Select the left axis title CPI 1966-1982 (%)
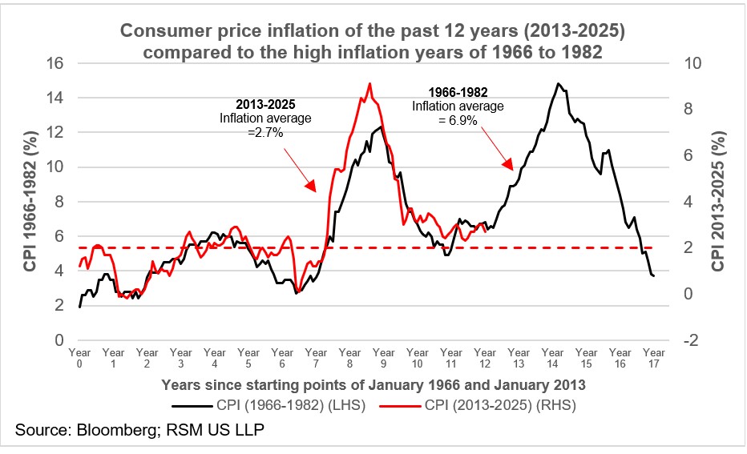(31, 203)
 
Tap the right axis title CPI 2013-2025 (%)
(719, 203)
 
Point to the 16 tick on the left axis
(55, 63)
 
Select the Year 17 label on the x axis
(654, 358)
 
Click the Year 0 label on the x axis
(79, 358)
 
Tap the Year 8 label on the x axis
(350, 358)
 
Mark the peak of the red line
(369, 83)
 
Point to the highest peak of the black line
(558, 83)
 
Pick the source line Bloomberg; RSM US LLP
(139, 432)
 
